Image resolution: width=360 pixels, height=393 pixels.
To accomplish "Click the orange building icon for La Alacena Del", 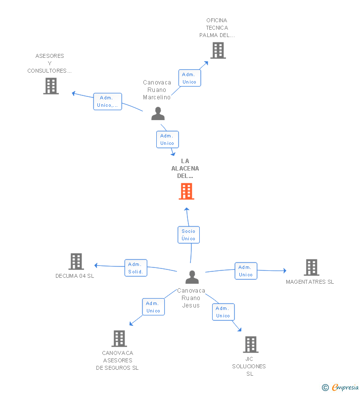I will pyautogui.click(x=186, y=191).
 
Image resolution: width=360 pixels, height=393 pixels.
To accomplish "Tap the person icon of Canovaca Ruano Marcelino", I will pyautogui.click(x=158, y=114).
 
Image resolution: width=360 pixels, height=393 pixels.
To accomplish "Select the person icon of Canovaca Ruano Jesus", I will pyautogui.click(x=192, y=277).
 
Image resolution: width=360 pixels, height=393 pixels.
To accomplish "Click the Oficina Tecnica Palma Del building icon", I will pyautogui.click(x=218, y=50).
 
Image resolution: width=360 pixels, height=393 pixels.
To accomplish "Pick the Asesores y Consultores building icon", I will pyautogui.click(x=51, y=86).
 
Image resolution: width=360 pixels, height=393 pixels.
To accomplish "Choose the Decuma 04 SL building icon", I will pyautogui.click(x=76, y=262).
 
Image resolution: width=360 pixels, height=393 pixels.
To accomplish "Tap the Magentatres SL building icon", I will pyautogui.click(x=311, y=267).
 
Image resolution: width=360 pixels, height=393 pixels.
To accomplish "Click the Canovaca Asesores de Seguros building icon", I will pyautogui.click(x=119, y=339).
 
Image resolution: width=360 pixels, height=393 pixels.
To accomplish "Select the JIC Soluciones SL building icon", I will pyautogui.click(x=251, y=345).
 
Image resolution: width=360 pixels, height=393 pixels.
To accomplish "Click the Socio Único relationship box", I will pyautogui.click(x=188, y=235).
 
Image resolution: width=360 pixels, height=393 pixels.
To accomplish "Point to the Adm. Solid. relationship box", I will pyautogui.click(x=135, y=268).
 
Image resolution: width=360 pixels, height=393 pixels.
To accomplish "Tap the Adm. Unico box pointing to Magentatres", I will pyautogui.click(x=246, y=271).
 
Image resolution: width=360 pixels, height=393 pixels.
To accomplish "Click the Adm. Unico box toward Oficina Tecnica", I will pyautogui.click(x=189, y=78).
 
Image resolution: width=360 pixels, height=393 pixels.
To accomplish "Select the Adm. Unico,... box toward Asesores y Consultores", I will pyautogui.click(x=107, y=101).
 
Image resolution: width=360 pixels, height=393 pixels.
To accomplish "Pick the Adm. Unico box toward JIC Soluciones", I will pyautogui.click(x=223, y=312).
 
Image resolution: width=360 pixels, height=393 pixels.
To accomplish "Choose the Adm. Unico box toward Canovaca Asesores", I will pyautogui.click(x=153, y=307).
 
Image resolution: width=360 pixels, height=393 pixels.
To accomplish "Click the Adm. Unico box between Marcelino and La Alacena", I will pyautogui.click(x=167, y=139).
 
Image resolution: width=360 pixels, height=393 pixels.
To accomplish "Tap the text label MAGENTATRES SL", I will pyautogui.click(x=310, y=282).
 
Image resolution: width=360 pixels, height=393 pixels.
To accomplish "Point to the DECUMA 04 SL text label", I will pyautogui.click(x=75, y=276).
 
